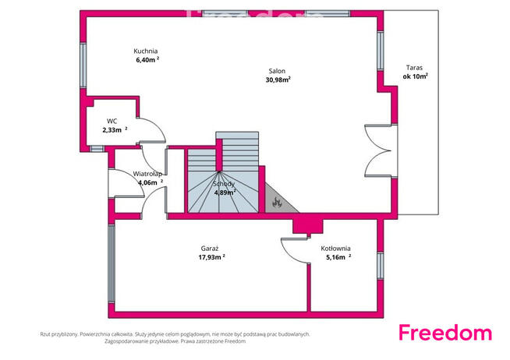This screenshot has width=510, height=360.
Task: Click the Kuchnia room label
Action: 145,51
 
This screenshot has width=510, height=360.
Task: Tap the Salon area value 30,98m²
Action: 278,79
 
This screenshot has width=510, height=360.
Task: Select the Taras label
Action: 414,68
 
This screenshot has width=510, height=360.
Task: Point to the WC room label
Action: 112,122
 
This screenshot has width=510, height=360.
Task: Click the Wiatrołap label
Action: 147,174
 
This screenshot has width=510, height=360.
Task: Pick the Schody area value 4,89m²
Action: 225,192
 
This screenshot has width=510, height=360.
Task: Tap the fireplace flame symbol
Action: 277,202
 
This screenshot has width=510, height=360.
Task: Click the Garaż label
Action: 210,249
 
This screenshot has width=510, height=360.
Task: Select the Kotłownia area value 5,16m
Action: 338,257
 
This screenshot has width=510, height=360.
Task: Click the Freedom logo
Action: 445,333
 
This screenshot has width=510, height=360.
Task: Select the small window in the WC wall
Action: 97,149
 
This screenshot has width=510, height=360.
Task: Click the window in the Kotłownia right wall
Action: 381,266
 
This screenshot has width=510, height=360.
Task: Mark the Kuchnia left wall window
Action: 83,65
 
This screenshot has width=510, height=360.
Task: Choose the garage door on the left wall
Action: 112,263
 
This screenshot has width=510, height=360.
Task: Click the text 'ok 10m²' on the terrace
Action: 415,76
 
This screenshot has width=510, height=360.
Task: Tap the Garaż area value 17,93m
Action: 212,257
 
